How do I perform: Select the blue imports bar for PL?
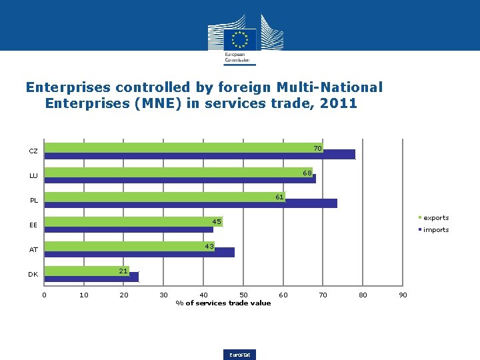point(191,203)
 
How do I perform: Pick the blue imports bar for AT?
point(139,253)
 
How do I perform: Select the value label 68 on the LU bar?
point(307,173)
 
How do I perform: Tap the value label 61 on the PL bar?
point(280,197)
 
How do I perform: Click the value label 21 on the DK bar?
point(123,271)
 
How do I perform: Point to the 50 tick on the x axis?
point(243,295)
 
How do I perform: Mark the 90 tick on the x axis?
point(403,295)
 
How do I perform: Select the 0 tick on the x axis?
point(45,295)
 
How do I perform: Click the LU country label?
point(33,176)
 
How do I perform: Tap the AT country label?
point(33,250)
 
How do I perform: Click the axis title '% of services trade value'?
point(223,303)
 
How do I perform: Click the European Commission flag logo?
point(239,39)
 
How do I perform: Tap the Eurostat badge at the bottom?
point(241,355)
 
